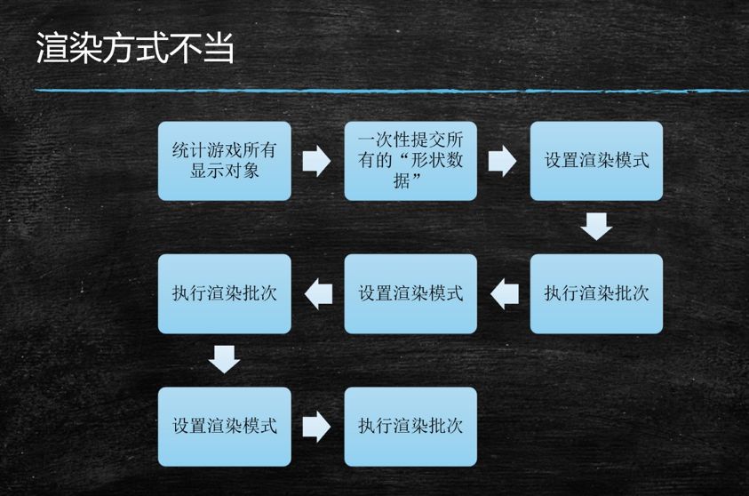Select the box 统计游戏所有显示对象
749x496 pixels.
[224, 161]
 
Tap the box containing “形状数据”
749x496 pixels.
[410, 161]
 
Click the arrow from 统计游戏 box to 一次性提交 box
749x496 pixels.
[316, 161]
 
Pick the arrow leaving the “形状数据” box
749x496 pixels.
[503, 161]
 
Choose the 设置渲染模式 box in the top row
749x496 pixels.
[596, 161]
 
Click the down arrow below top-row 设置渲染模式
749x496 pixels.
[596, 226]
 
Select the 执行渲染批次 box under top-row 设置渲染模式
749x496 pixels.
[596, 293]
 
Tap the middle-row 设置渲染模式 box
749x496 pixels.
[410, 293]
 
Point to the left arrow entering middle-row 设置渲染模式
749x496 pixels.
[504, 293]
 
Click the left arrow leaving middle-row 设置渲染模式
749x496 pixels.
[318, 293]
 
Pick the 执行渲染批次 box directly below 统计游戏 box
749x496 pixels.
[224, 293]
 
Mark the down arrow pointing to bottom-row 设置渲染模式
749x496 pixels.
[224, 359]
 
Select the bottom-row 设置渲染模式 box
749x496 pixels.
[224, 427]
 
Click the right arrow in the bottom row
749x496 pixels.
[316, 427]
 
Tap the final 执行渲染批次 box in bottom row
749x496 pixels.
[410, 427]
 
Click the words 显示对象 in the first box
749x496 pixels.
[224, 171]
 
